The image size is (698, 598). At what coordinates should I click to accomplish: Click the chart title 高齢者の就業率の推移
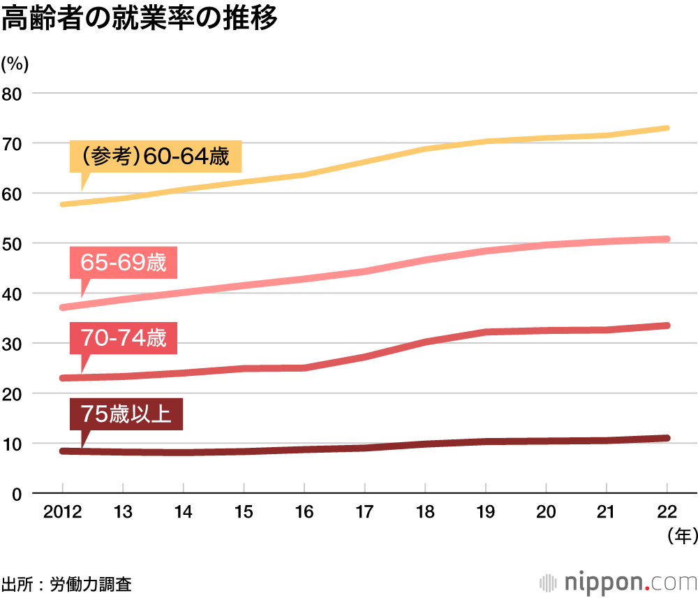tap(140, 19)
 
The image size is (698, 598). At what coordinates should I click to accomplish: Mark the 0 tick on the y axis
tap(17, 494)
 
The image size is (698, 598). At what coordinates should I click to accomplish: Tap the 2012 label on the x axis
tap(62, 512)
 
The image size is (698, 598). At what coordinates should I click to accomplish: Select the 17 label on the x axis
tap(364, 512)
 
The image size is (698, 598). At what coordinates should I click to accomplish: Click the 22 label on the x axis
tap(667, 512)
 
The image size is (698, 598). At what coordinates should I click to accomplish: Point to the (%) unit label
tap(15, 64)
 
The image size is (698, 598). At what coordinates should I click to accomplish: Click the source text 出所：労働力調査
tap(66, 583)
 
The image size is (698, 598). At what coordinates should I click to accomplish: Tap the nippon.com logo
tap(618, 582)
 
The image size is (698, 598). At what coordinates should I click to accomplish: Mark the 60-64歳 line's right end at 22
tap(667, 128)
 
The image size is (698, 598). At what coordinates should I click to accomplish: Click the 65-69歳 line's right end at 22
tap(667, 239)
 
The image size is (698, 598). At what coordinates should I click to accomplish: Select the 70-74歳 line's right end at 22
tap(667, 326)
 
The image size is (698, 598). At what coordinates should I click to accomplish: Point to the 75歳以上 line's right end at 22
tap(667, 438)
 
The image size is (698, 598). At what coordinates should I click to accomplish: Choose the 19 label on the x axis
tap(485, 512)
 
